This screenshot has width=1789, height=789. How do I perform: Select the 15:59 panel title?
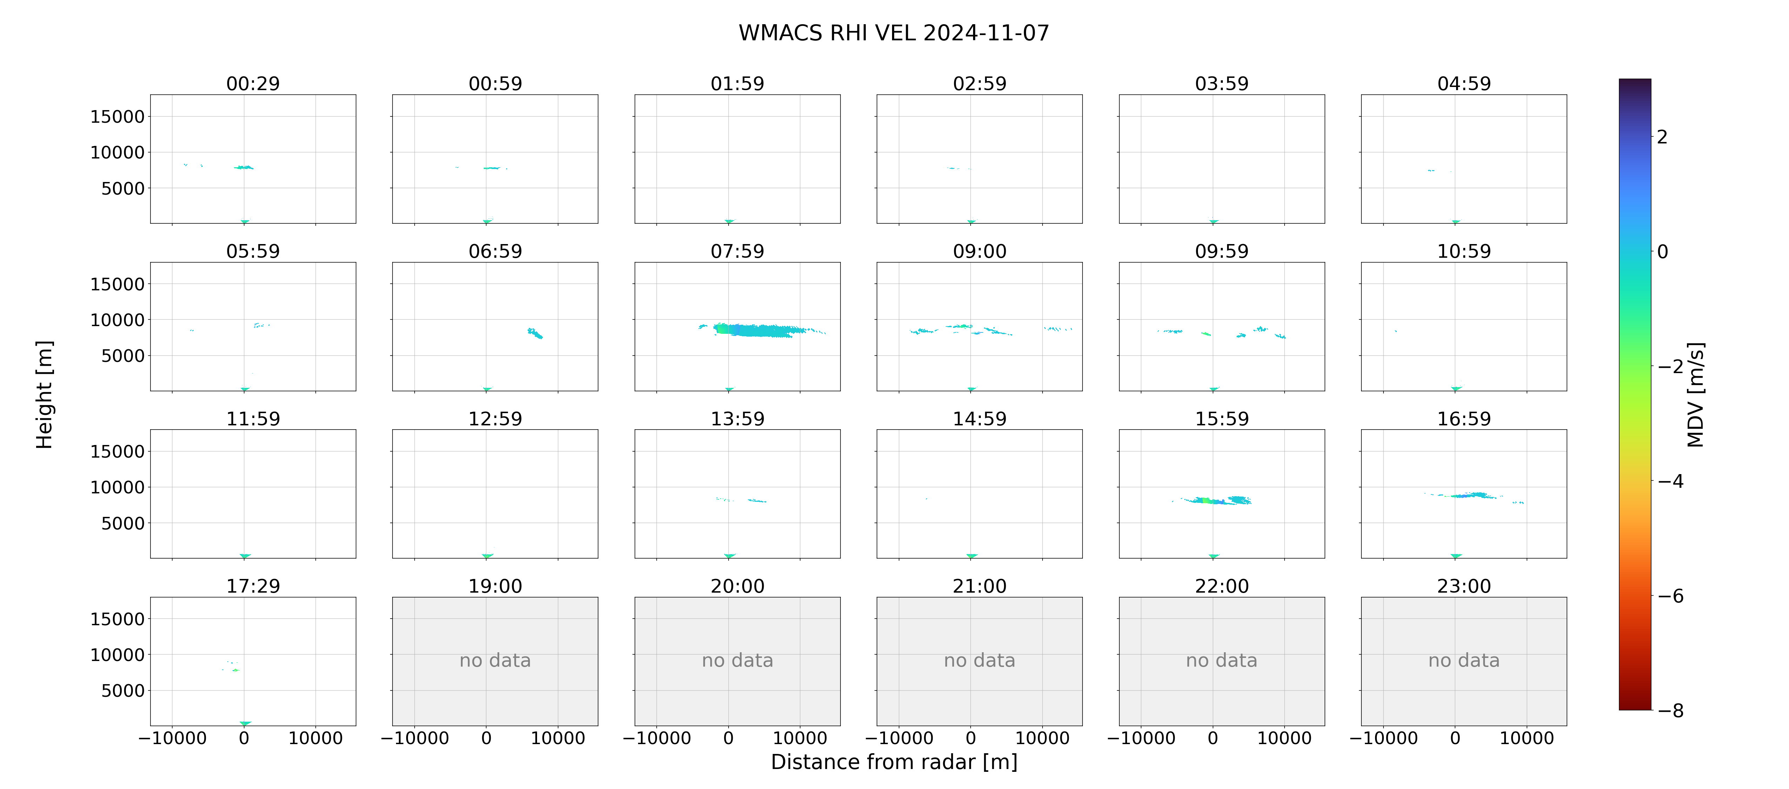(1221, 419)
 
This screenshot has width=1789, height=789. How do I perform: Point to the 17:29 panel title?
(253, 586)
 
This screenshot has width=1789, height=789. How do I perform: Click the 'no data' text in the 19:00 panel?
(495, 661)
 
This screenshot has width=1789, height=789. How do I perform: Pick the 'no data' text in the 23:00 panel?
(1464, 661)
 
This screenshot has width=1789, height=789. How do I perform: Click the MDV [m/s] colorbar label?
(1695, 394)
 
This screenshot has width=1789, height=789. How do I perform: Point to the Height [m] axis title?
(44, 394)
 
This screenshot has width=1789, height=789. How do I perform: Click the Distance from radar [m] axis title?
(894, 762)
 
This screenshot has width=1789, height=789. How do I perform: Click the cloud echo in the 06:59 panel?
(535, 333)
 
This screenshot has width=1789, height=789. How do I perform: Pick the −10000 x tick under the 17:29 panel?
(172, 738)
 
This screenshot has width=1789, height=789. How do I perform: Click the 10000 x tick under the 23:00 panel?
(1527, 738)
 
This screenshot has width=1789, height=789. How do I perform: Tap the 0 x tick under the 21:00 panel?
(971, 738)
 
